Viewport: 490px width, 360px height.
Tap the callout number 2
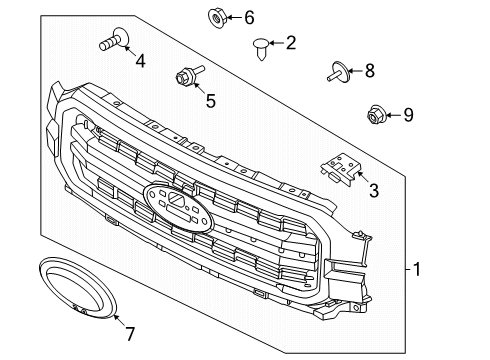(x=291, y=42)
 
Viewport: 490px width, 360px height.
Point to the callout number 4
(x=140, y=62)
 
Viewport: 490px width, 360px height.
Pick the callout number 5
(x=210, y=99)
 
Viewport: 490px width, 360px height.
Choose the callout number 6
(x=249, y=16)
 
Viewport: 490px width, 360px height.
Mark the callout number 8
(x=369, y=70)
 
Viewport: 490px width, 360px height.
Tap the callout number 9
(x=408, y=116)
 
